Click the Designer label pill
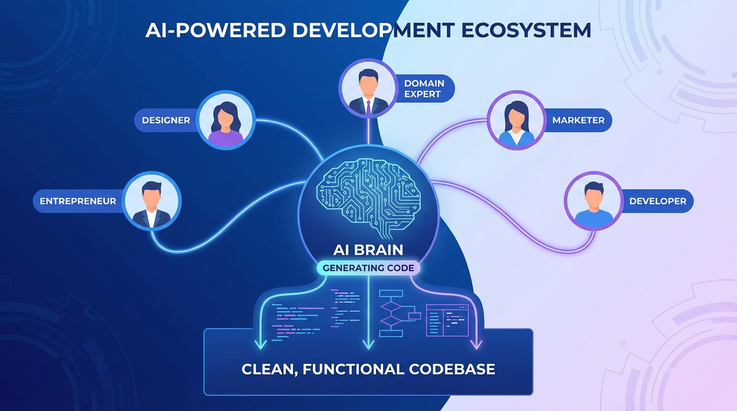(166, 120)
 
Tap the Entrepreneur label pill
(78, 201)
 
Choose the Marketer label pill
(578, 120)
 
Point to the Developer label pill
(657, 201)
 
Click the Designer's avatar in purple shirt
(225, 119)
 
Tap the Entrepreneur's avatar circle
(152, 201)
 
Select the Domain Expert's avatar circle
(367, 88)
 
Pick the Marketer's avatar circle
(516, 119)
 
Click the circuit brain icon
(368, 196)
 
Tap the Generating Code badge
(368, 268)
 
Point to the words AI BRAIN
(368, 249)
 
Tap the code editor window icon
(447, 321)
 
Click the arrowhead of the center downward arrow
(368, 345)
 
